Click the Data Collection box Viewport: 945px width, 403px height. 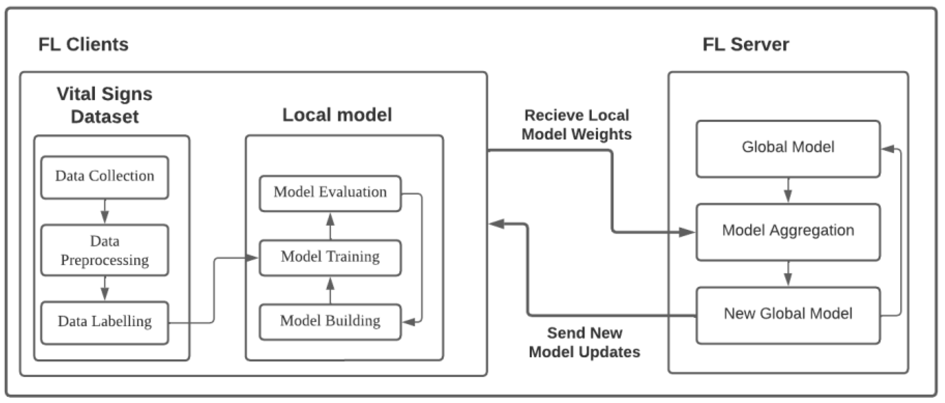105,178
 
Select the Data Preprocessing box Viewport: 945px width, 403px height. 105,250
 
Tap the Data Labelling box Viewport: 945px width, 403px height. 105,322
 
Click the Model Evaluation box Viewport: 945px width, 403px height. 330,193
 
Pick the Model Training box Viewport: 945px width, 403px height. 330,258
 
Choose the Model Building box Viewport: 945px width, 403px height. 330,322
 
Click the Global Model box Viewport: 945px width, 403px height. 788,149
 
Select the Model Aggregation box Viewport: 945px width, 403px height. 788,232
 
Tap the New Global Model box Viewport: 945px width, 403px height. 788,315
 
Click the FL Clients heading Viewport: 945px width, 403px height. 83,45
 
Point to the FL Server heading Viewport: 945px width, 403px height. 745,45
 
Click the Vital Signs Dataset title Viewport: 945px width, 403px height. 105,105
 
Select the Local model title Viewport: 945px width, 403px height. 337,115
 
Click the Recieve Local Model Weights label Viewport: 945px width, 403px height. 576,125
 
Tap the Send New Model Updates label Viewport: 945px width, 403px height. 584,342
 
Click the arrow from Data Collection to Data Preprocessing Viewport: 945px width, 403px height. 105,212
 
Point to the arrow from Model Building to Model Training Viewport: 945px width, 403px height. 330,290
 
